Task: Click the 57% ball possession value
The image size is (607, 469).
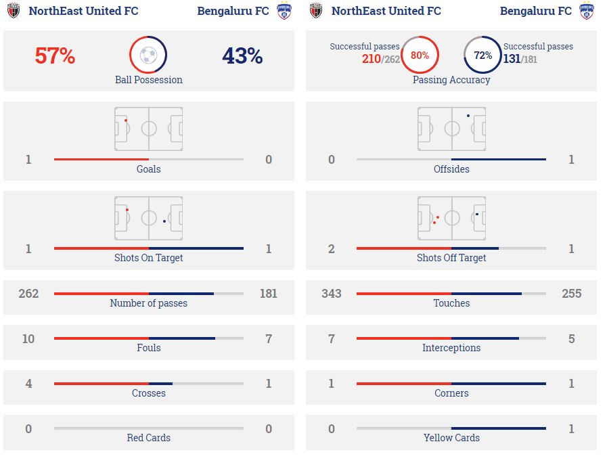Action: click(x=55, y=56)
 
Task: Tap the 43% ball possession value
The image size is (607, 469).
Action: click(x=242, y=56)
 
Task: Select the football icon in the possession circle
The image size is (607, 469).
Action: click(x=148, y=55)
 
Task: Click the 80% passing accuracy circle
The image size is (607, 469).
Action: click(x=420, y=55)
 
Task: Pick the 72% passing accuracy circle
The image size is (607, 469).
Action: click(x=482, y=55)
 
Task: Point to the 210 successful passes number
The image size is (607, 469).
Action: click(x=371, y=60)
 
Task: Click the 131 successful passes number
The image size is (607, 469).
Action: click(x=511, y=60)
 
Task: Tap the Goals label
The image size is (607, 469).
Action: click(x=148, y=169)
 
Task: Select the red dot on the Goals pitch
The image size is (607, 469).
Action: click(x=126, y=120)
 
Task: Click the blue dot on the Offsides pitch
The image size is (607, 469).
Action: click(x=468, y=116)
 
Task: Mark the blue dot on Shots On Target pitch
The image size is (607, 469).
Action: click(x=164, y=221)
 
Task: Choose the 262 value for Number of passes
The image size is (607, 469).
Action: click(x=28, y=294)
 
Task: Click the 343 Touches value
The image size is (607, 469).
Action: click(x=331, y=294)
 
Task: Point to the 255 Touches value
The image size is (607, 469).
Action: click(x=571, y=294)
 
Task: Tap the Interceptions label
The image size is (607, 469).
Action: click(x=451, y=348)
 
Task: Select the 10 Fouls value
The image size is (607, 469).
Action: click(x=28, y=338)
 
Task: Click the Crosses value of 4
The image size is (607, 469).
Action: click(x=28, y=384)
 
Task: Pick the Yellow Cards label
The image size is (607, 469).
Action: click(x=451, y=438)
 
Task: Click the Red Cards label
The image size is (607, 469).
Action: click(x=148, y=438)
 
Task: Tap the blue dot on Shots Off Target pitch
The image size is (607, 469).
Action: click(x=477, y=214)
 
